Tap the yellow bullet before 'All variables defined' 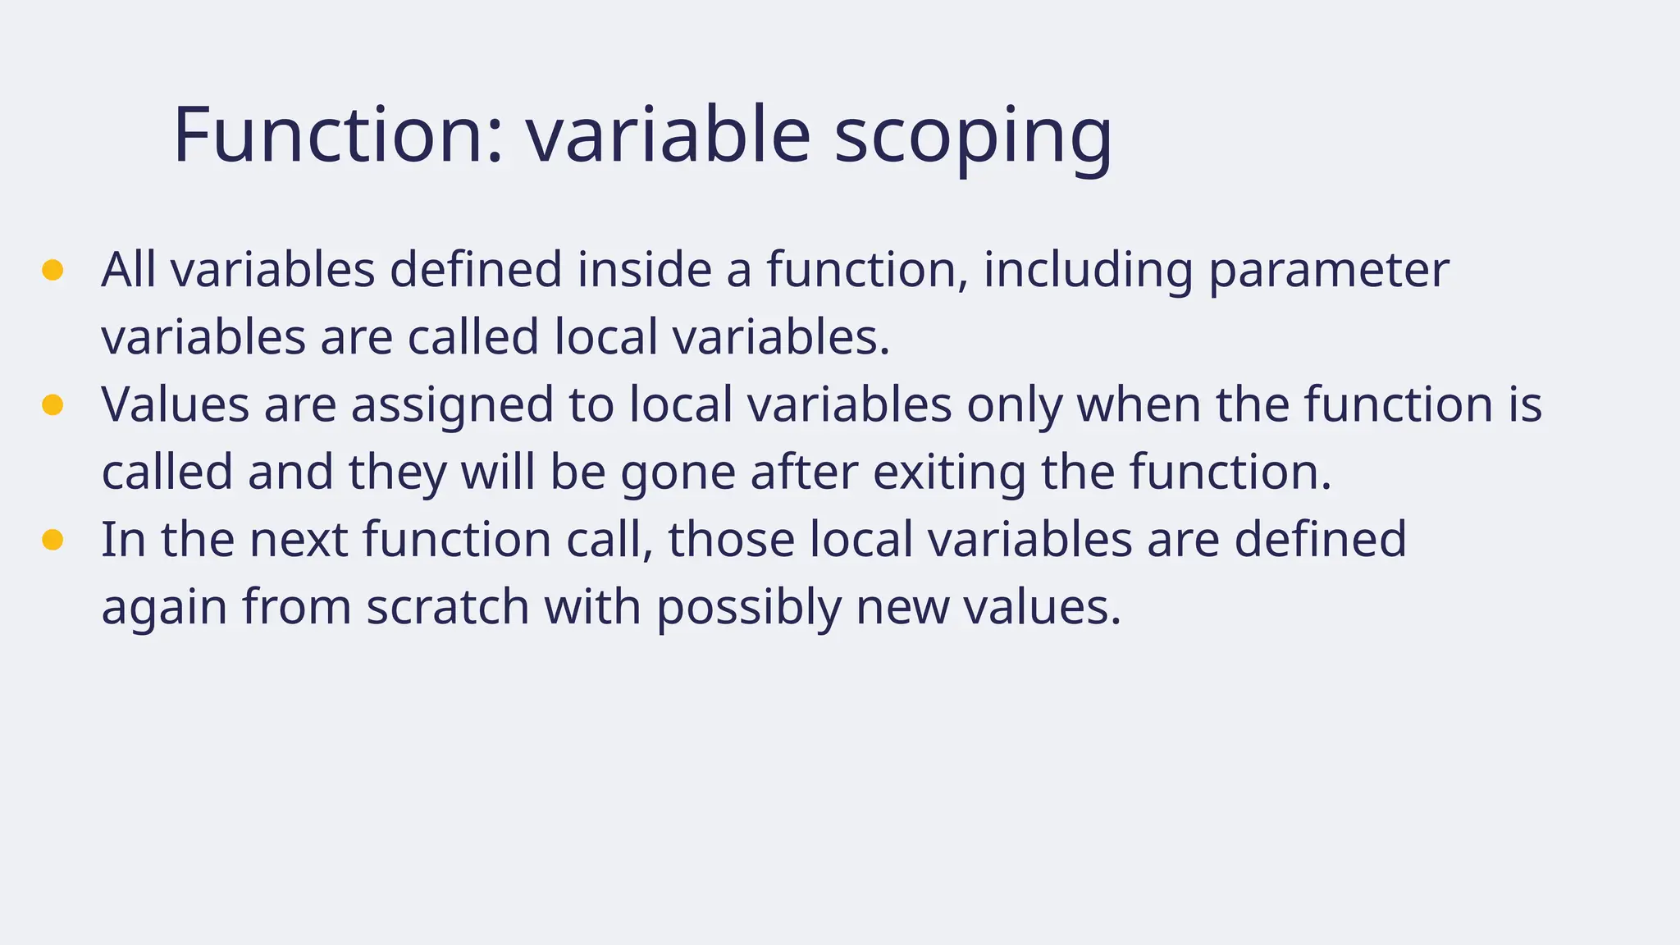[x=52, y=270]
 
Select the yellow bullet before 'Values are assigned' [x=52, y=404]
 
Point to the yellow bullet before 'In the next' [x=52, y=539]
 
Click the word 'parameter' [x=1329, y=271]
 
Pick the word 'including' [x=1088, y=271]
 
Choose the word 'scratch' [x=448, y=607]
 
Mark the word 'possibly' [x=748, y=609]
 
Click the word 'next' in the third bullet [x=299, y=540]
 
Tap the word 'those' [x=731, y=540]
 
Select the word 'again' [x=163, y=609]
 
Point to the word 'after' [x=803, y=472]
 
